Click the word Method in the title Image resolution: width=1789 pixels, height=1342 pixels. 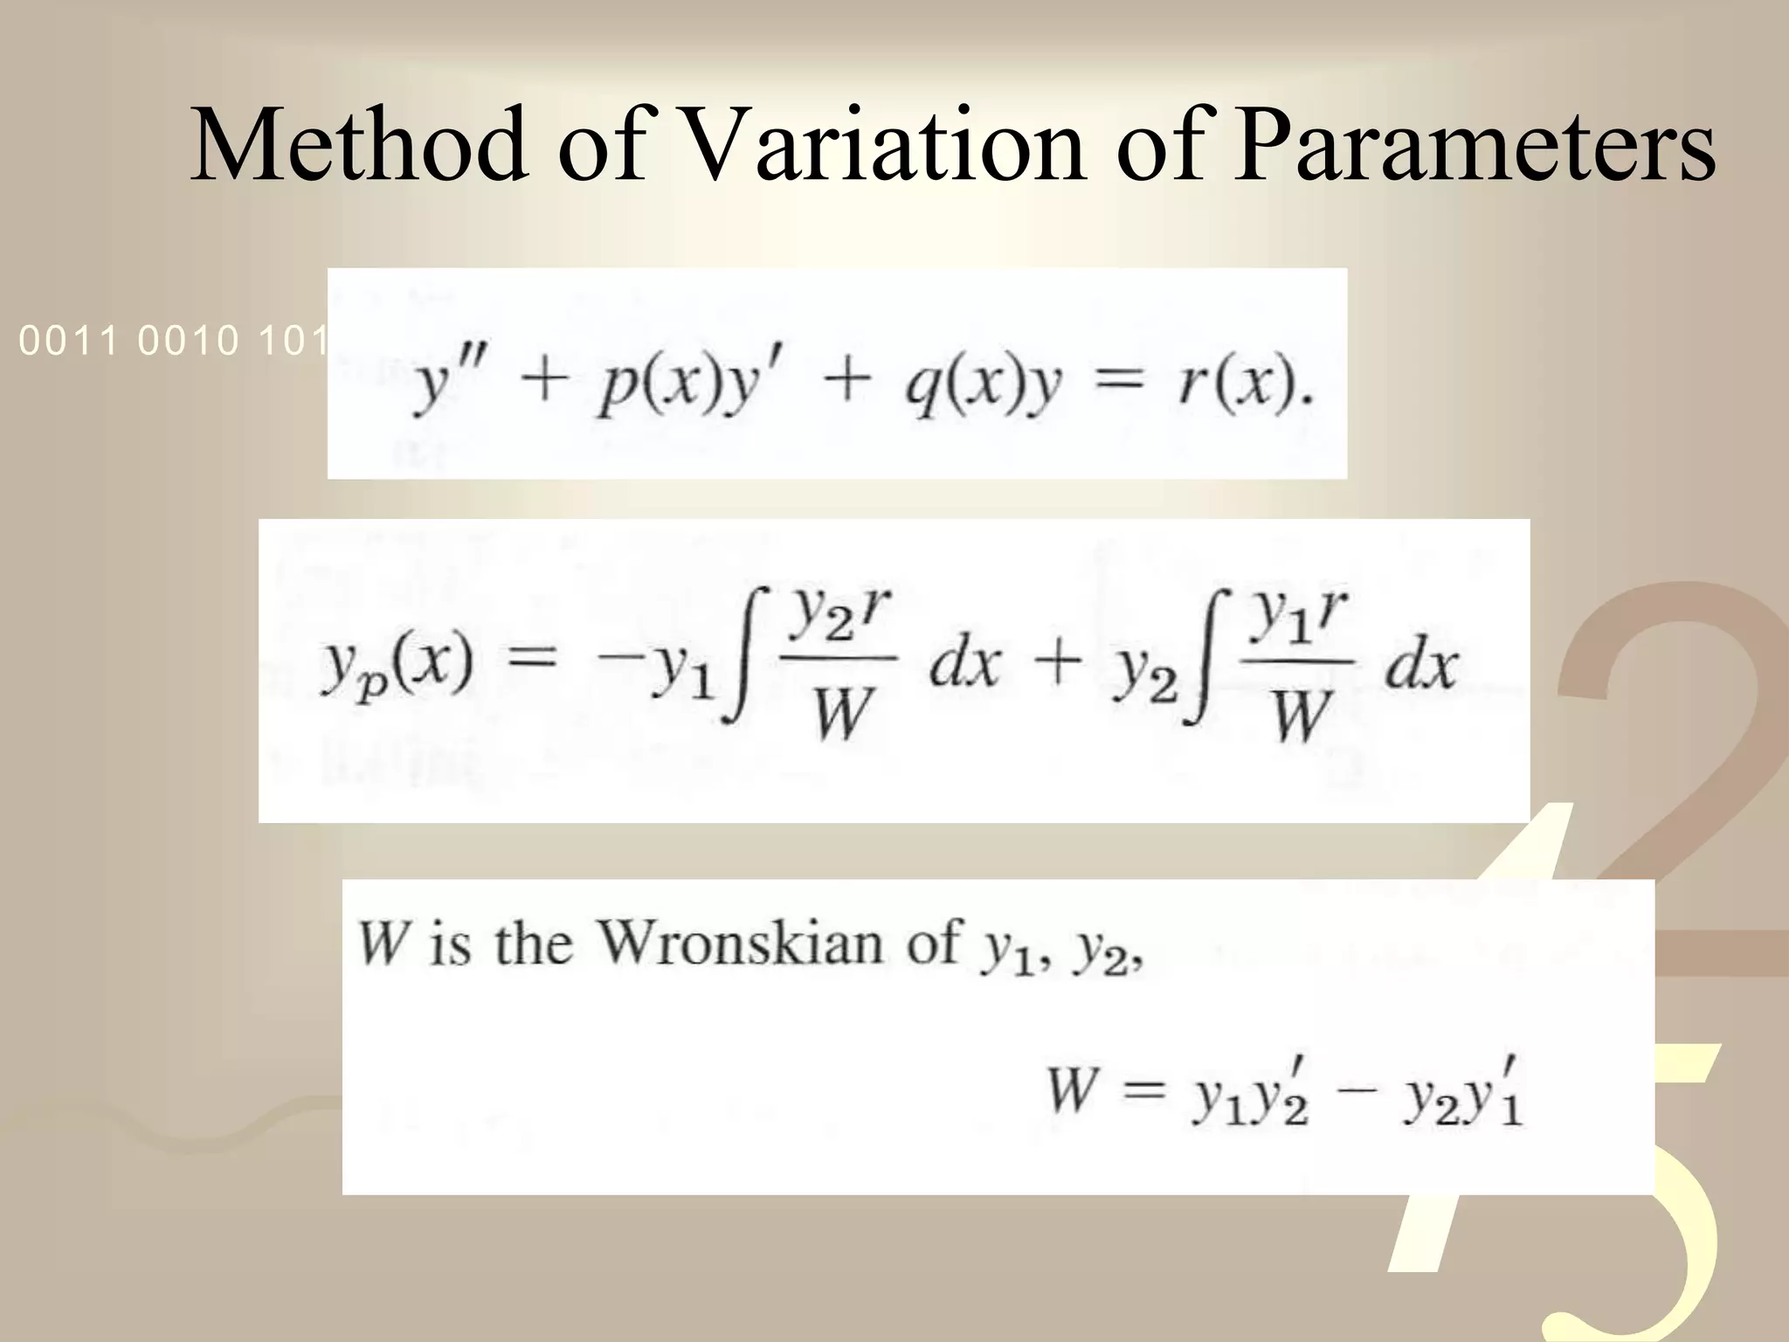(x=359, y=144)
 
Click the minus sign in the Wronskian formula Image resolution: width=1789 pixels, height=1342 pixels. (x=1355, y=1092)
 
